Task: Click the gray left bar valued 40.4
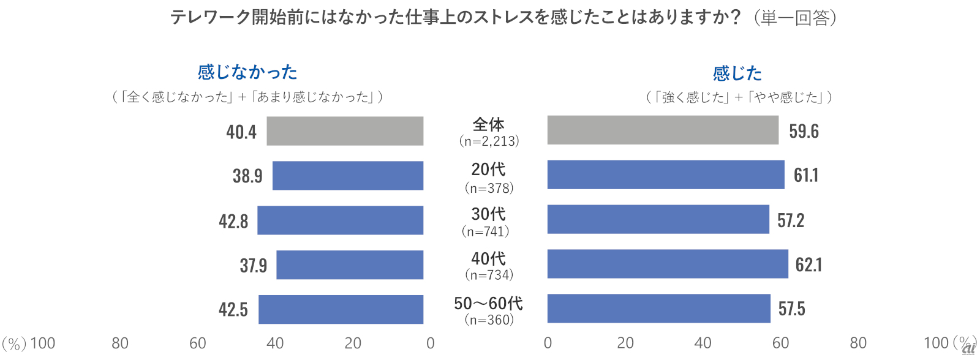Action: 345,131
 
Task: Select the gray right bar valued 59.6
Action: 663,130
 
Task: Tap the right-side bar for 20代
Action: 666,174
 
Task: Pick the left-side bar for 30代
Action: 340,220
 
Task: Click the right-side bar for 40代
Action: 668,264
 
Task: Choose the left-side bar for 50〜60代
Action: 341,309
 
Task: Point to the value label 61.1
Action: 806,176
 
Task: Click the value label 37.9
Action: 253,266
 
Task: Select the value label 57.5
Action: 791,309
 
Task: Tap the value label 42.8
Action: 233,221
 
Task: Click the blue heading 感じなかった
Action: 247,72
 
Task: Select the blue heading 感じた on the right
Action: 737,73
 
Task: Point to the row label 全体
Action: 488,124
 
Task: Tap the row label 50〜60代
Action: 488,303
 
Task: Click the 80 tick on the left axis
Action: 120,343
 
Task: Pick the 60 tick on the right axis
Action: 780,343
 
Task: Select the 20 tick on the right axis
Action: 625,343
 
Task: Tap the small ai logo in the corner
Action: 968,348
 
